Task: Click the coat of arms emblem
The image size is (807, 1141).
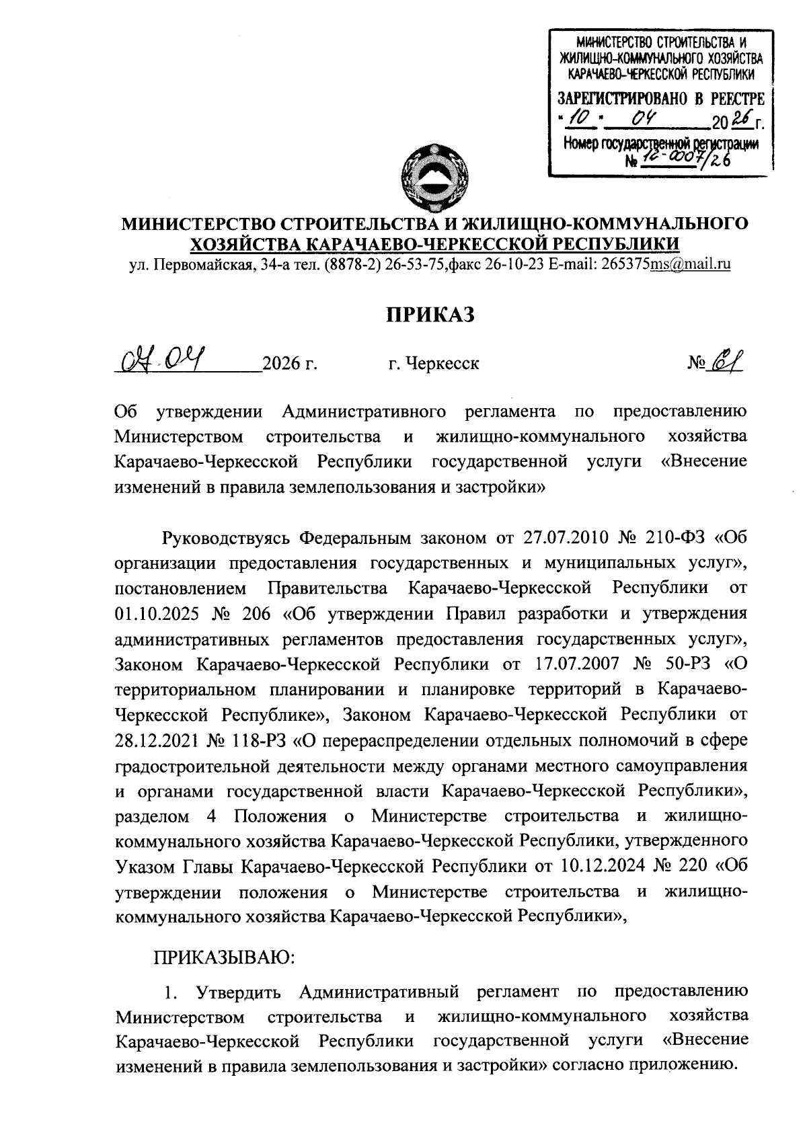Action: point(429,178)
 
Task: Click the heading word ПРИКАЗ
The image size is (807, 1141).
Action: point(430,314)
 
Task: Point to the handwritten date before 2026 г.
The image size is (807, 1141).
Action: point(163,362)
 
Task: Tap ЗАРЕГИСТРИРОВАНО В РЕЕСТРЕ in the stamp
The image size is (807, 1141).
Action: point(661,100)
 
